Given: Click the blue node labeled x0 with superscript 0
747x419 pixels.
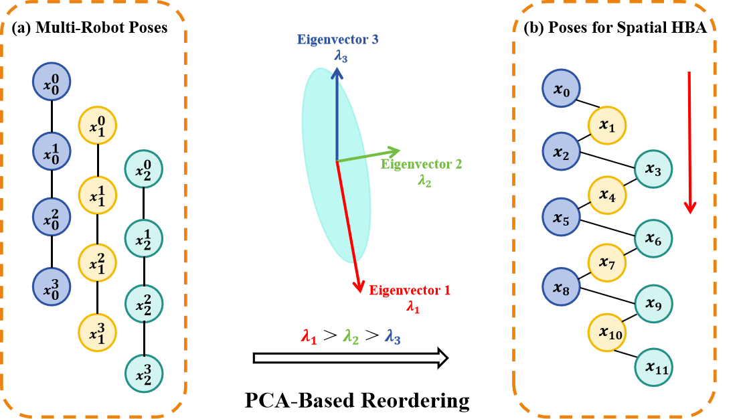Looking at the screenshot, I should (52, 82).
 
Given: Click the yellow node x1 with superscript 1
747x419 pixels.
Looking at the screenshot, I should (98, 195).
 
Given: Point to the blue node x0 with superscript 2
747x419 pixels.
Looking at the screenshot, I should (52, 217).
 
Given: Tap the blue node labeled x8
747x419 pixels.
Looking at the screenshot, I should (561, 286).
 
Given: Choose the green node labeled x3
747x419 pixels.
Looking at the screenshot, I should (653, 170).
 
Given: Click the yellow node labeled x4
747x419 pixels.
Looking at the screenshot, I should (607, 195).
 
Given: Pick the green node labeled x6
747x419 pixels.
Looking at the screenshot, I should (653, 239).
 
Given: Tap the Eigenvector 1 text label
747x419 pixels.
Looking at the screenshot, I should (410, 291).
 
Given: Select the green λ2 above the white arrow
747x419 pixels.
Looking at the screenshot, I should (351, 337).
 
